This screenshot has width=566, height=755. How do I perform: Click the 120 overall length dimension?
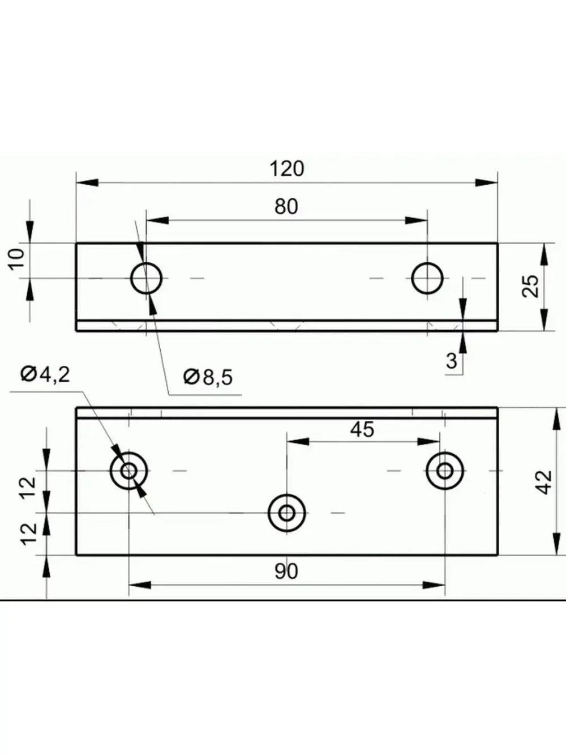tap(286, 169)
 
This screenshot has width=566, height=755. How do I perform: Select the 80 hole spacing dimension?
tap(286, 207)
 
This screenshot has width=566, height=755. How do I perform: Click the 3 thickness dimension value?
tap(451, 361)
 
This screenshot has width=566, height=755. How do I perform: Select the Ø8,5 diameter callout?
tap(208, 377)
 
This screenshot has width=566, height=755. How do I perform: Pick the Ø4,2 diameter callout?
tap(45, 374)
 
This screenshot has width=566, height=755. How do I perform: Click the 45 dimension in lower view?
tap(362, 429)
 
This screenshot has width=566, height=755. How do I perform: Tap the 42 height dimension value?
tap(543, 482)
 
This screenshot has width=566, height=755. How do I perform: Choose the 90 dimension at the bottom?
tap(286, 571)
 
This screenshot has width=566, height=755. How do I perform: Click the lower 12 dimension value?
tap(30, 532)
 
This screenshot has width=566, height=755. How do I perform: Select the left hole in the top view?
tap(147, 278)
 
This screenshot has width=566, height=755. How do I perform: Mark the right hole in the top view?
tap(427, 278)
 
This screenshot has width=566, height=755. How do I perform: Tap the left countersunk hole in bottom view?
tap(129, 471)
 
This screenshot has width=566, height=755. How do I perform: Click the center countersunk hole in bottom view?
tap(287, 513)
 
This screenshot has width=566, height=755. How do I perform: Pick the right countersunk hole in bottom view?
tap(445, 471)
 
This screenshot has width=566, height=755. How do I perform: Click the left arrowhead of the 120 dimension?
tap(85, 182)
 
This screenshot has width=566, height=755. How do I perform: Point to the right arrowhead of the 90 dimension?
tap(436, 584)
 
